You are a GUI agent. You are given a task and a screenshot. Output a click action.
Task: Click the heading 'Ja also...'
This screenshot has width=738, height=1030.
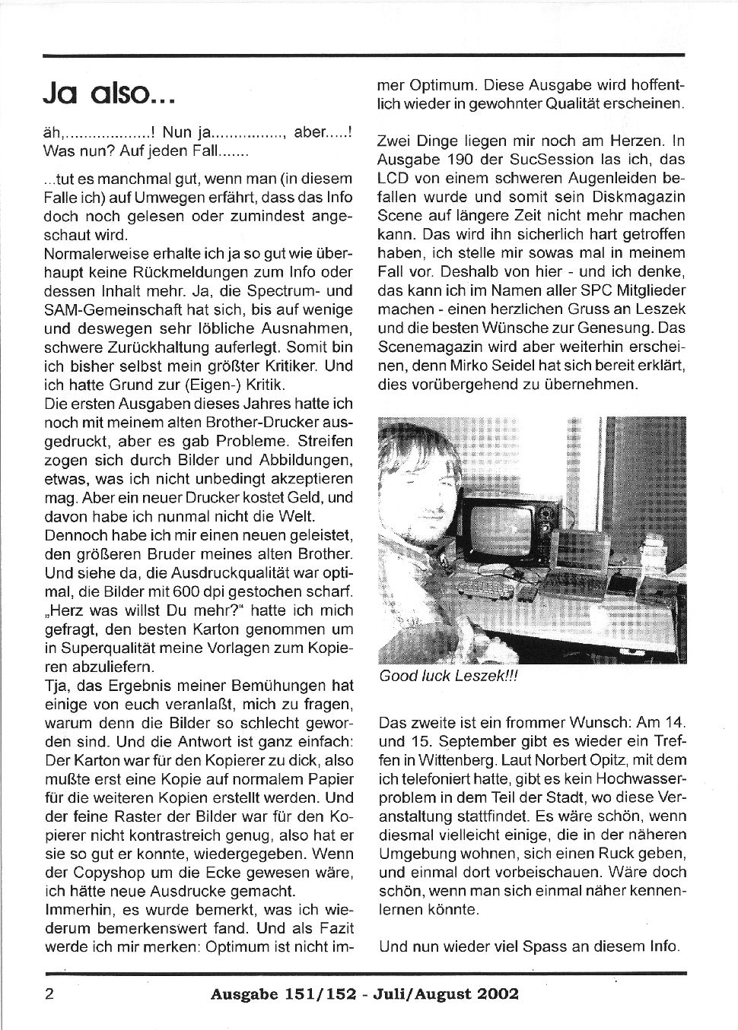pos(110,94)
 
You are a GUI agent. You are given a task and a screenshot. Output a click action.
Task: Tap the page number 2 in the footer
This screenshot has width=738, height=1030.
pos(49,994)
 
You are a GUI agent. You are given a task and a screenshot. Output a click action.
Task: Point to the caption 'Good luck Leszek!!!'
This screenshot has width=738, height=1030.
pos(448,677)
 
